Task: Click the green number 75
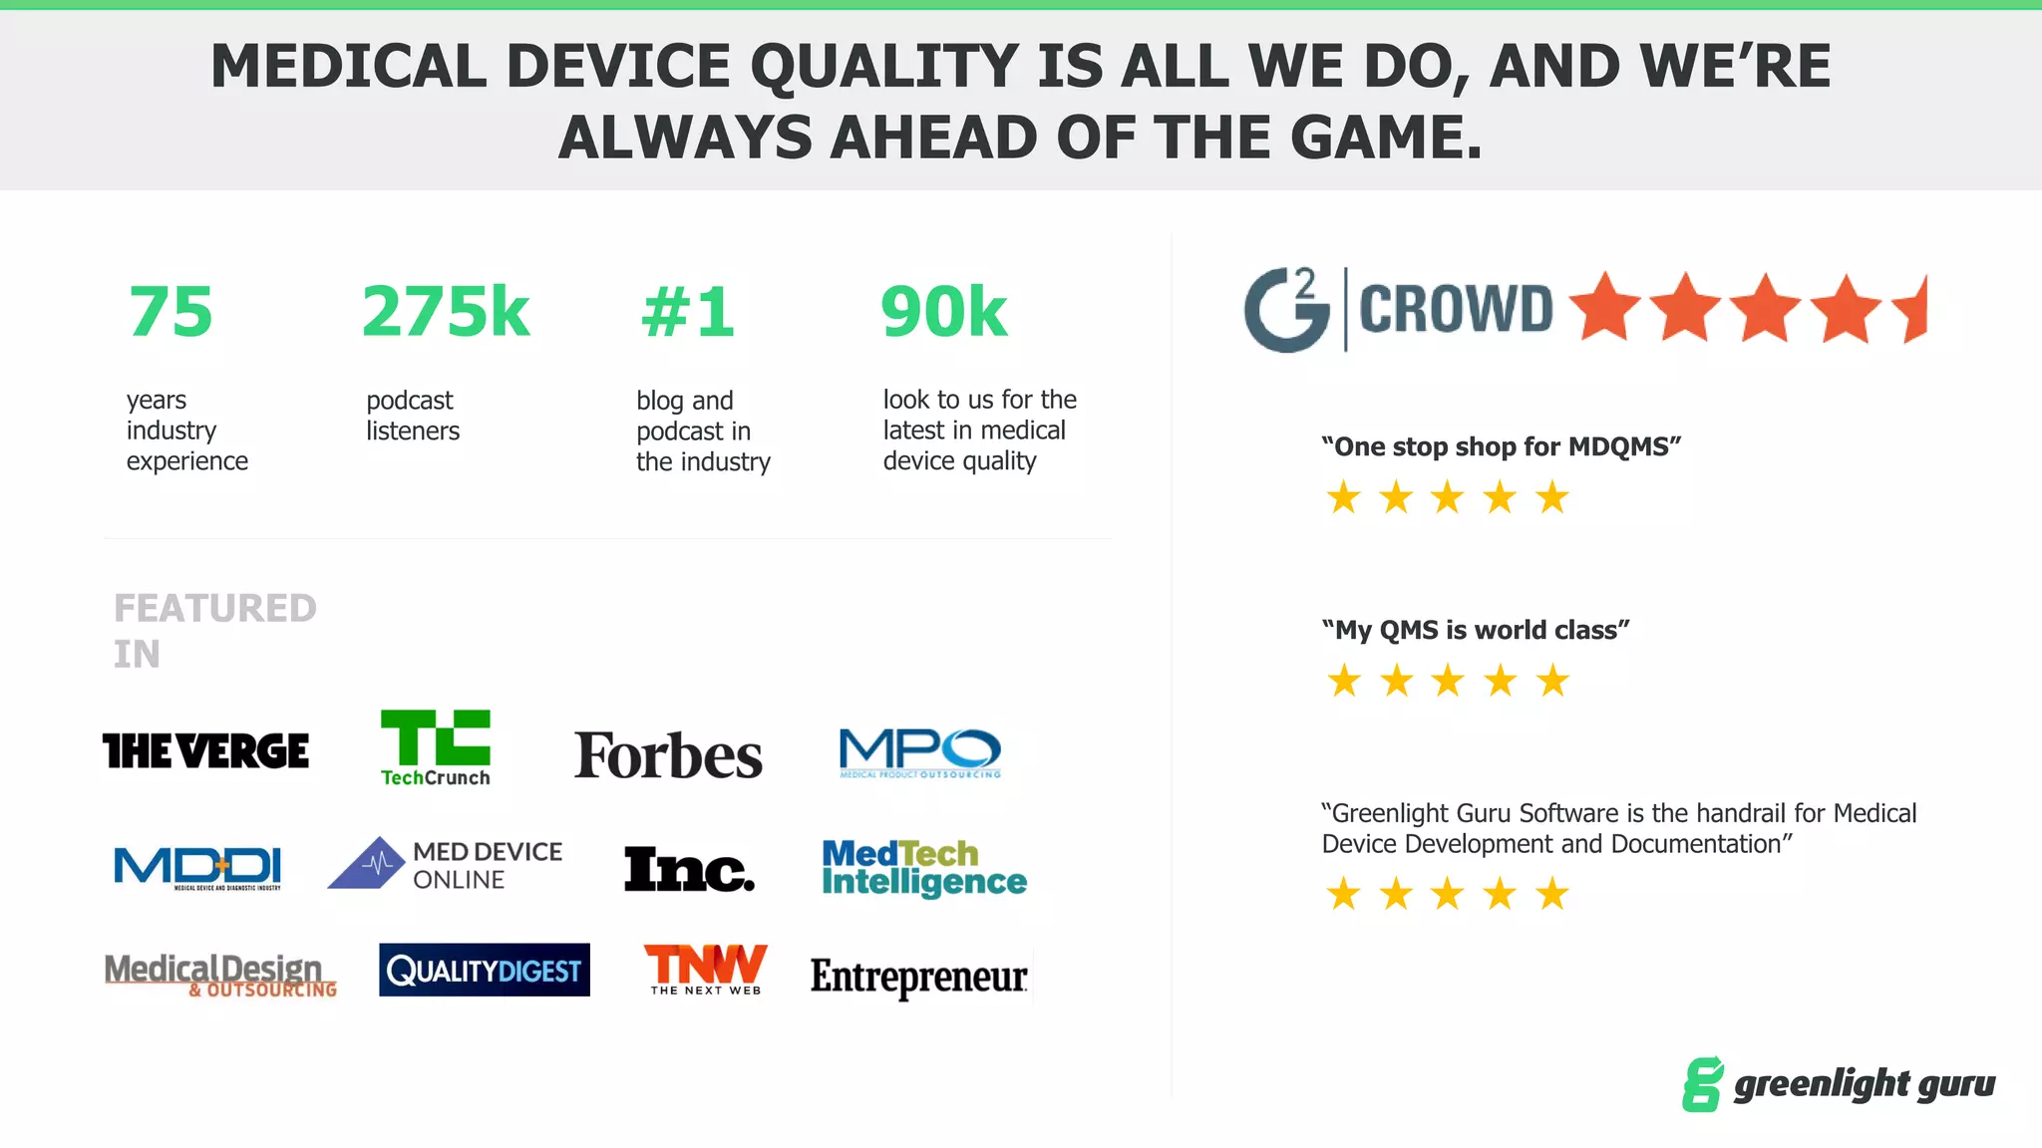(x=170, y=312)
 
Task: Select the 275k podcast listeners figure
(x=445, y=312)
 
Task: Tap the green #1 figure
(x=687, y=313)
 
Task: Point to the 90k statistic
(x=943, y=312)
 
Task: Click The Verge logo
(x=205, y=751)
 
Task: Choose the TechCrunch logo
(x=436, y=747)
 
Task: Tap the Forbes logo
(x=668, y=755)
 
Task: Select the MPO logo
(x=919, y=752)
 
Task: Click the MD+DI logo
(x=197, y=867)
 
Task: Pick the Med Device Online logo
(x=446, y=864)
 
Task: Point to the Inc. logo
(x=688, y=869)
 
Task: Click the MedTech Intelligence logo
(x=923, y=868)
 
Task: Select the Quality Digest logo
(x=485, y=970)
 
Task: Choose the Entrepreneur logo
(x=918, y=977)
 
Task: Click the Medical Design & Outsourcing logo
(x=220, y=974)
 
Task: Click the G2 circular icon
(x=1286, y=310)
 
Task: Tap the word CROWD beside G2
(x=1456, y=309)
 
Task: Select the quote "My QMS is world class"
(x=1475, y=630)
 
